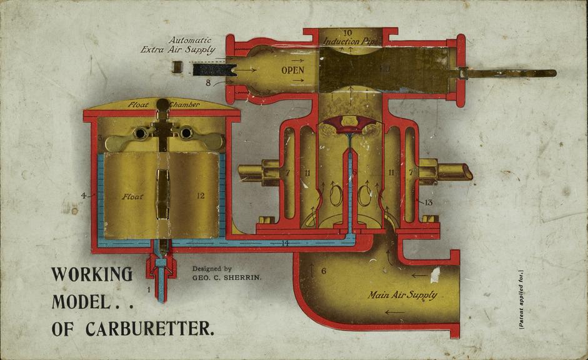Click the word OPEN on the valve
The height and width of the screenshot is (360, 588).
click(292, 71)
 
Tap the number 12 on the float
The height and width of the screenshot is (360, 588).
click(200, 196)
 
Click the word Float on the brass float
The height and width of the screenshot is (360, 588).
click(132, 196)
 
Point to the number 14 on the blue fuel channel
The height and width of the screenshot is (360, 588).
click(284, 242)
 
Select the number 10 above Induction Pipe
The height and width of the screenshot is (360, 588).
click(348, 32)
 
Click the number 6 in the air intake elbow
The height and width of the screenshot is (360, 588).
click(324, 271)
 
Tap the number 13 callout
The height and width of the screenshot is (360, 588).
click(428, 202)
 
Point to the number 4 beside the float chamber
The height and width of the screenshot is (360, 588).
click(83, 196)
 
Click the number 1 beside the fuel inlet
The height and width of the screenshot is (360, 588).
click(148, 289)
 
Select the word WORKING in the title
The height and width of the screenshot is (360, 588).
click(92, 274)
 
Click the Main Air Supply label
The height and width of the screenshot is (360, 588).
click(402, 294)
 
